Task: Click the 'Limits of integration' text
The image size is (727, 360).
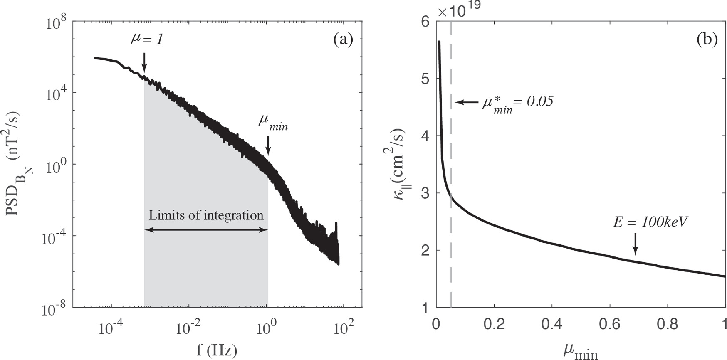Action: pyautogui.click(x=206, y=215)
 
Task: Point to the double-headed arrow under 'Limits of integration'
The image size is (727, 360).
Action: pyautogui.click(x=206, y=229)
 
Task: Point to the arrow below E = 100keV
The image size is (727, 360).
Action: pyautogui.click(x=635, y=244)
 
